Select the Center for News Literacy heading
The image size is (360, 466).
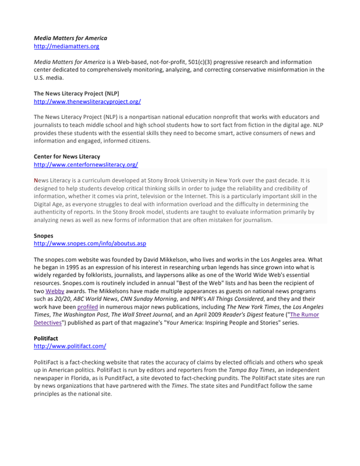66,157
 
